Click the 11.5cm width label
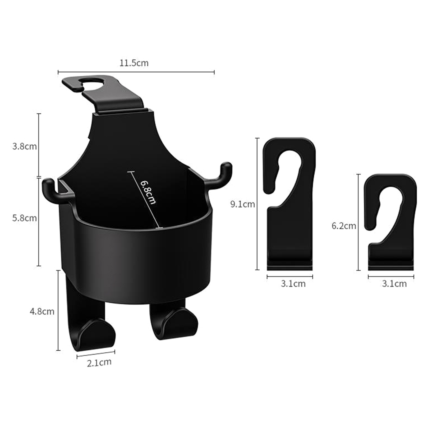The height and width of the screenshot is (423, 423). [x=134, y=63]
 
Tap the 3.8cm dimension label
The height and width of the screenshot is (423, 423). [x=25, y=146]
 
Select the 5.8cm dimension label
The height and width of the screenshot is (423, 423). [x=25, y=218]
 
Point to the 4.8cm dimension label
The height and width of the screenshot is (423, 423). [x=42, y=311]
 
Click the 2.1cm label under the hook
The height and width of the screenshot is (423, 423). [x=99, y=362]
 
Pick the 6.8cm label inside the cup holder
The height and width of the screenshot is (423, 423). [x=148, y=192]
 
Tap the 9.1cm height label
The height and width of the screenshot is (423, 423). [x=243, y=204]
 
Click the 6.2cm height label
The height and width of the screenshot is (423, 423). [x=344, y=226]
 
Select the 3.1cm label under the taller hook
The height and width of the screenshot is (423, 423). [x=293, y=284]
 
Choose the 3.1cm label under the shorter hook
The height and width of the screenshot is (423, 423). [x=394, y=284]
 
